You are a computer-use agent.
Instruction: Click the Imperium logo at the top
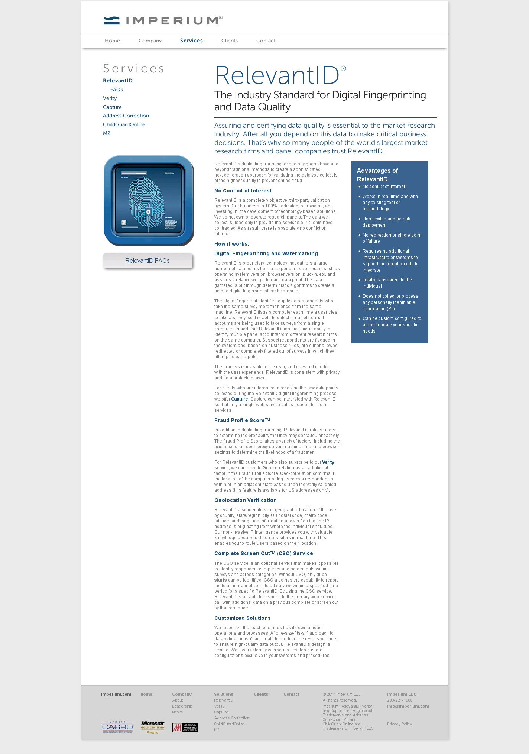click(x=163, y=20)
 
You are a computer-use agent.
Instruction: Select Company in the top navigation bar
click(x=150, y=41)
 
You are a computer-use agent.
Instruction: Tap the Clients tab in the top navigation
click(x=229, y=41)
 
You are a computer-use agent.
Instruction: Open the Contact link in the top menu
click(x=266, y=41)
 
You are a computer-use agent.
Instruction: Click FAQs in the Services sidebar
click(x=117, y=90)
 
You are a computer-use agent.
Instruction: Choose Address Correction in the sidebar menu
click(x=126, y=116)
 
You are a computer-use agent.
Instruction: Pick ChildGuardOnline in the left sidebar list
click(x=124, y=124)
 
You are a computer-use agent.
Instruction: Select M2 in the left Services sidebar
click(x=107, y=133)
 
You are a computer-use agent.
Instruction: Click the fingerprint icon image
click(x=149, y=201)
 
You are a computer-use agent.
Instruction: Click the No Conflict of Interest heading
click(x=243, y=191)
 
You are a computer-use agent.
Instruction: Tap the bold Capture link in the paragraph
click(x=240, y=399)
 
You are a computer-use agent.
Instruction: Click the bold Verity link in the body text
click(x=328, y=462)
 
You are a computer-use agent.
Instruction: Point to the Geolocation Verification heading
click(x=246, y=500)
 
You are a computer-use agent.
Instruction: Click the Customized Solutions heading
click(x=243, y=618)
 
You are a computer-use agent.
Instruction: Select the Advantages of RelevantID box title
click(x=377, y=175)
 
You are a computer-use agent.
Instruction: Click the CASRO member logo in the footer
click(x=118, y=727)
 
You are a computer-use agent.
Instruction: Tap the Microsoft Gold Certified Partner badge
click(x=152, y=727)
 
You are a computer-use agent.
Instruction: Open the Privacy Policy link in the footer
click(x=399, y=724)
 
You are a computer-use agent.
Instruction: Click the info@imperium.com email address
click(x=408, y=706)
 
